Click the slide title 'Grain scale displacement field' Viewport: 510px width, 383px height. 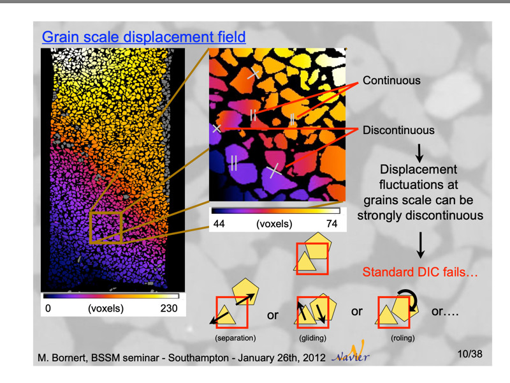pyautogui.click(x=143, y=37)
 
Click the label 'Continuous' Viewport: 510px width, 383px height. pyautogui.click(x=391, y=81)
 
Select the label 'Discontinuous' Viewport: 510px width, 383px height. pyautogui.click(x=398, y=130)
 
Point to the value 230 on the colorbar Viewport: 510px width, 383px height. pyautogui.click(x=168, y=309)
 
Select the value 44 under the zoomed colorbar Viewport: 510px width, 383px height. pyautogui.click(x=219, y=225)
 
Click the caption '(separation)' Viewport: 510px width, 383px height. pyautogui.click(x=236, y=338)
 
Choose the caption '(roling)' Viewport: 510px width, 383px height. pyautogui.click(x=394, y=338)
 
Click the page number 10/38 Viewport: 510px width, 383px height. pyautogui.click(x=470, y=354)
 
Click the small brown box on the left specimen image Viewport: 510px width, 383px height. pyautogui.click(x=105, y=227)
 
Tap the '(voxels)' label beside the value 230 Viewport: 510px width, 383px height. pyautogui.click(x=105, y=309)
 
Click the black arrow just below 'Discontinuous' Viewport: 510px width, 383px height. pyautogui.click(x=419, y=151)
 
